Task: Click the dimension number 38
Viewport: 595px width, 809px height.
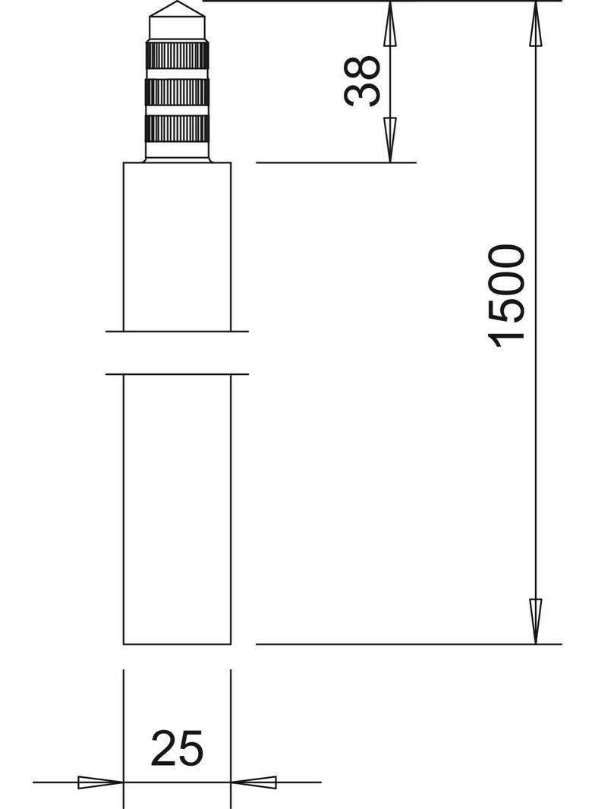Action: (362, 80)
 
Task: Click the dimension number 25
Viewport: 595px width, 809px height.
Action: (178, 748)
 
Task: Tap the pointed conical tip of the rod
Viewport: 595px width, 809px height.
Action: (178, 10)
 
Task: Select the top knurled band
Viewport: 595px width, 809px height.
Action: (178, 55)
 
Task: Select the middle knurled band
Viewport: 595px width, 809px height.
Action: (178, 92)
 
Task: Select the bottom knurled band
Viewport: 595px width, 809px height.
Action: (178, 128)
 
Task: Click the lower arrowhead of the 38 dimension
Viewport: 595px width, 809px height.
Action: (389, 140)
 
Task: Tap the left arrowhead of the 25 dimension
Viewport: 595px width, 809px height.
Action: (100, 782)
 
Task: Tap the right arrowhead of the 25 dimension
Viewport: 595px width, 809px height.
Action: (254, 782)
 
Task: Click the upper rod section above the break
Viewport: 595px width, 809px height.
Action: (178, 247)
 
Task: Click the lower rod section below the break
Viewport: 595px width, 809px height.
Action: (178, 508)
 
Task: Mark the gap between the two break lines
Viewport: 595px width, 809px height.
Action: (178, 353)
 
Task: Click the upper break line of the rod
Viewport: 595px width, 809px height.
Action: (178, 332)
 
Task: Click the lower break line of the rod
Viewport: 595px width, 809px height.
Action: (178, 374)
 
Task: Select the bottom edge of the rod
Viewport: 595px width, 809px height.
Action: (178, 644)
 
